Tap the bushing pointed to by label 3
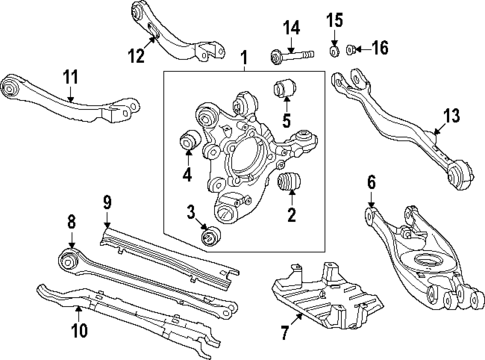(211, 238)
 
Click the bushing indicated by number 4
(186, 142)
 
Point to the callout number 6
(370, 182)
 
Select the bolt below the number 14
(284, 51)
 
